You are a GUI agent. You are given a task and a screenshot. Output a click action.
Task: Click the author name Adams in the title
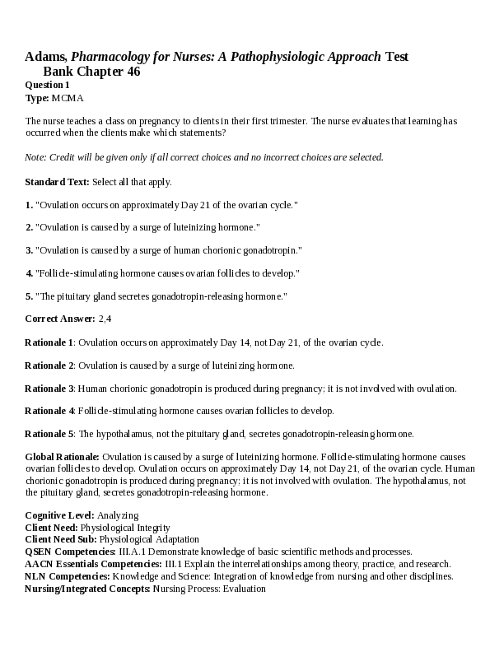click(45, 57)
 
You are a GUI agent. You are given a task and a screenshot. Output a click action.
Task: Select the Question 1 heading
click(47, 85)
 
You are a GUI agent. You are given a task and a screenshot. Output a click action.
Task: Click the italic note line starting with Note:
click(203, 157)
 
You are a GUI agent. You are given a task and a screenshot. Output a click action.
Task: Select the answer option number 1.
click(29, 204)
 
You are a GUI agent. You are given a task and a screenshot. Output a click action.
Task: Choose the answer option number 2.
click(29, 227)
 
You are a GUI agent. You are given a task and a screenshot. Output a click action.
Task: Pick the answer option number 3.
click(29, 250)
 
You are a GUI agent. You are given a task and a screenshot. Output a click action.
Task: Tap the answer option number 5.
click(29, 296)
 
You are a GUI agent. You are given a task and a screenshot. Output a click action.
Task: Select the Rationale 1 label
click(49, 342)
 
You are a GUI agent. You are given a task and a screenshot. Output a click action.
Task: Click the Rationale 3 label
click(49, 388)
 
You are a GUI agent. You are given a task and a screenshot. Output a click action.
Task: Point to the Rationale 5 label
click(49, 434)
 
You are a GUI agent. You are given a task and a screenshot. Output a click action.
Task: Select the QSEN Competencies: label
click(70, 552)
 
